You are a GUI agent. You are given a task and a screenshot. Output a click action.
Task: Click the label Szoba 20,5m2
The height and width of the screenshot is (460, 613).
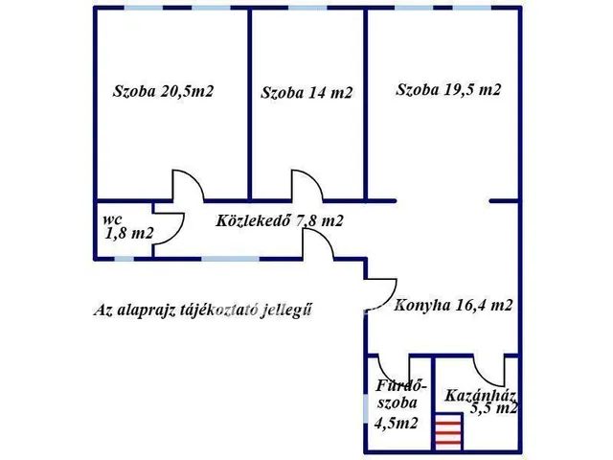[x=163, y=92]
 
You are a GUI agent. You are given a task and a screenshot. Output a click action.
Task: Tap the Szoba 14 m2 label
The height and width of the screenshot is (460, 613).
[x=306, y=93]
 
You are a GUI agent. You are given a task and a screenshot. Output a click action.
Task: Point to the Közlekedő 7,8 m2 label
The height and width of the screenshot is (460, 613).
[x=280, y=220]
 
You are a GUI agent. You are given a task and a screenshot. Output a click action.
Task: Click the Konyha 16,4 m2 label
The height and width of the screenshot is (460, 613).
[x=453, y=307]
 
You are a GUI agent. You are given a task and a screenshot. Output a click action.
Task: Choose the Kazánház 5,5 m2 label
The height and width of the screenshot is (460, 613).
[x=482, y=400]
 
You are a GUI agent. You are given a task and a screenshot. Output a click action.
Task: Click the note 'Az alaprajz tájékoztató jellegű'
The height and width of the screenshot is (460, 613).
[x=203, y=310]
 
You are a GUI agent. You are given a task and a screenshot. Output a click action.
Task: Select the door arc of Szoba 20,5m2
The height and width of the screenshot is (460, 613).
[x=184, y=186]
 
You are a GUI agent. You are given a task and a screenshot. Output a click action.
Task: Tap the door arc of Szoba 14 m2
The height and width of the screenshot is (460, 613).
[x=306, y=185]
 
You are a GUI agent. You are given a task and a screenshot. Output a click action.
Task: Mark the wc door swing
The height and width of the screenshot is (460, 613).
[x=169, y=228]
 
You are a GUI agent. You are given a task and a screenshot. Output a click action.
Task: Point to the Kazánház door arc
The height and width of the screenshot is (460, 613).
[x=489, y=370]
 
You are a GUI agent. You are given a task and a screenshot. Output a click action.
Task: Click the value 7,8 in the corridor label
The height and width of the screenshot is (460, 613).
[x=309, y=220]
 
